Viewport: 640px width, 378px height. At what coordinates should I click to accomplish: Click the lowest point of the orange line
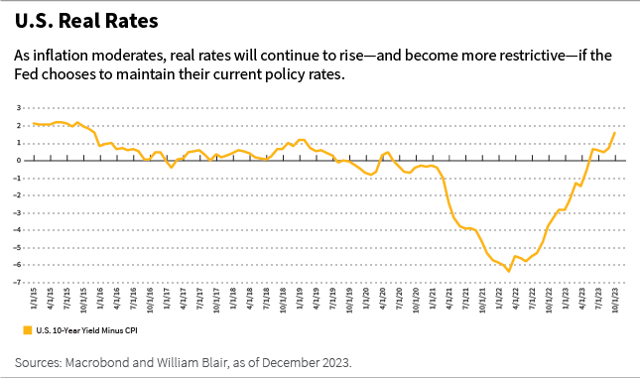pos(509,271)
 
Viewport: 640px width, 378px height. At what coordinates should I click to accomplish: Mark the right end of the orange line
pos(614,132)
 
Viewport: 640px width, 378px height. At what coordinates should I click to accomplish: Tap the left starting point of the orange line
pos(34,124)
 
